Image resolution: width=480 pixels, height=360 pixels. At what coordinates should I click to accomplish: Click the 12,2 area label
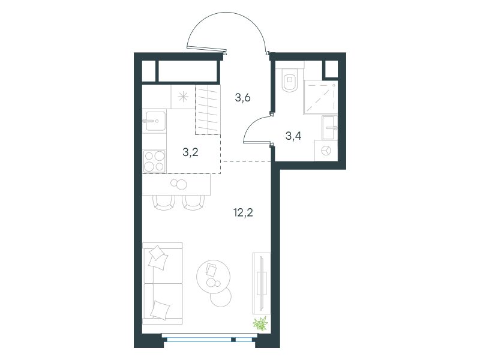(244, 212)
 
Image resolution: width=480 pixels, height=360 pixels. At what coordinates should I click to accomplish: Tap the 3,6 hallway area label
(243, 98)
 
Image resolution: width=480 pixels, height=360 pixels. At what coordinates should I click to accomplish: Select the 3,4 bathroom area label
(293, 136)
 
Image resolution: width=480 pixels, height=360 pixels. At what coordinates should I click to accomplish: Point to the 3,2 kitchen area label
(190, 152)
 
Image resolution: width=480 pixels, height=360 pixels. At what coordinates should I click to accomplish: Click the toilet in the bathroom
(290, 80)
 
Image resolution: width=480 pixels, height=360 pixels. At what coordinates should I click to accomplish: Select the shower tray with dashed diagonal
(320, 97)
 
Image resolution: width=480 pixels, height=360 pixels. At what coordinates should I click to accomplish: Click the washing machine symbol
(326, 151)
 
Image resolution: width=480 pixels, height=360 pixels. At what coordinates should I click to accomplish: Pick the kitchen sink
(155, 121)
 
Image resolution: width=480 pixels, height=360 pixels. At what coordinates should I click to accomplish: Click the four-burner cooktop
(154, 161)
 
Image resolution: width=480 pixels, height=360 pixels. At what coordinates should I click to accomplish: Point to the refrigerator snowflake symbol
(183, 97)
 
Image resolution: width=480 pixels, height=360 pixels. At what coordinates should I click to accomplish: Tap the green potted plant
(260, 324)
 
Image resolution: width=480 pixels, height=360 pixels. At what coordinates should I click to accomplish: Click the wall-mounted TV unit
(262, 283)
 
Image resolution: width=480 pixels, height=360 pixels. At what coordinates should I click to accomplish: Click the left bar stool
(164, 203)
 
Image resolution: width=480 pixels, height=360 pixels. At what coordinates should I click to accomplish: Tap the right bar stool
(193, 203)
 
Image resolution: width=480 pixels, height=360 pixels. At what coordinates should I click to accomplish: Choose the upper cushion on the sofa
(158, 257)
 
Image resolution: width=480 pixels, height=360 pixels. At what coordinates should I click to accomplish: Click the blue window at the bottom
(209, 339)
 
